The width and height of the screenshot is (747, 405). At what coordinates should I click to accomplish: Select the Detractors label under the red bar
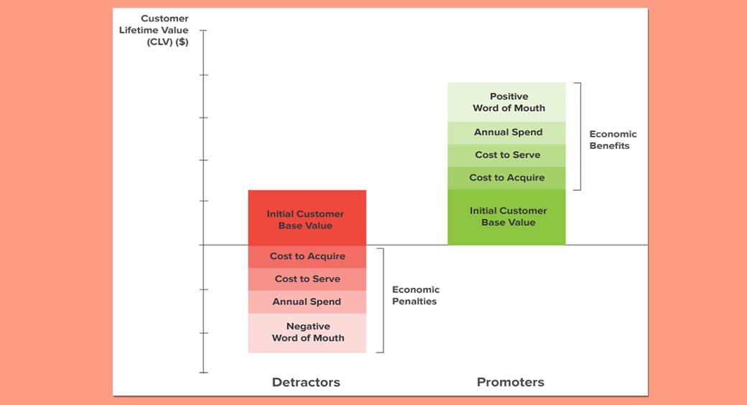(x=306, y=382)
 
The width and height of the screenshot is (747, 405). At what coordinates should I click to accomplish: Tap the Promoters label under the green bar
(x=510, y=382)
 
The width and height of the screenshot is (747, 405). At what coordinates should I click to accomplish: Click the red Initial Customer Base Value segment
(x=307, y=218)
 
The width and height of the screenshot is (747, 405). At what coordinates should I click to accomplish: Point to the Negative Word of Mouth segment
(x=307, y=332)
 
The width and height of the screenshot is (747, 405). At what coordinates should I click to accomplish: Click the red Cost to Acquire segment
(x=307, y=256)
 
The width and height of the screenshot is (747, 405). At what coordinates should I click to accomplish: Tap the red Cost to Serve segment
(x=307, y=279)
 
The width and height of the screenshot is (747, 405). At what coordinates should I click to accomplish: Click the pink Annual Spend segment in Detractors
(x=307, y=302)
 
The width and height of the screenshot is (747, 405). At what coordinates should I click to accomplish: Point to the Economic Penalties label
(x=415, y=296)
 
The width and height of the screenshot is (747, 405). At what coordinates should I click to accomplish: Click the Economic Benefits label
(x=613, y=140)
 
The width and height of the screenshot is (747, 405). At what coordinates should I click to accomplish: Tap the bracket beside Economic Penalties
(x=383, y=301)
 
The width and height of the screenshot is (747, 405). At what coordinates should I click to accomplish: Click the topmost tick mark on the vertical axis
(x=203, y=32)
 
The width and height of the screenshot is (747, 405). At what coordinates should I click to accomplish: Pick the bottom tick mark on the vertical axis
(x=203, y=373)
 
